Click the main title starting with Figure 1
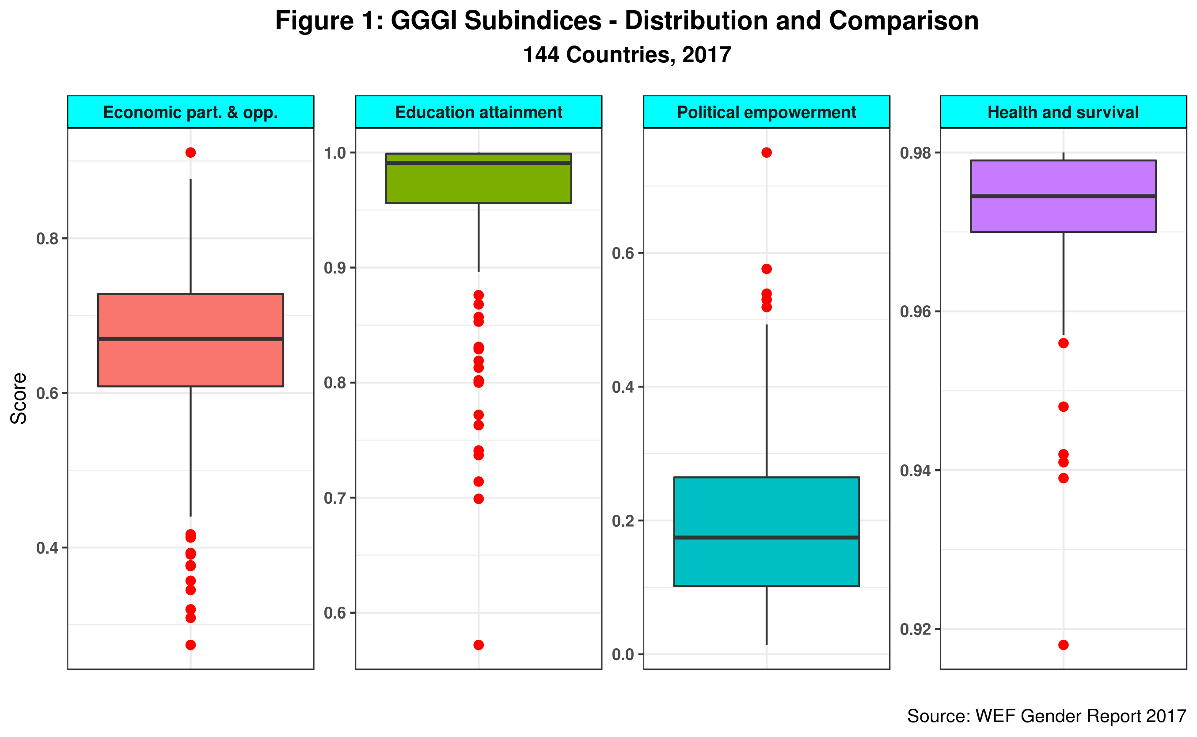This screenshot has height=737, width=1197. coord(627,21)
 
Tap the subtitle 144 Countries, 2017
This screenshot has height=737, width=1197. coord(627,55)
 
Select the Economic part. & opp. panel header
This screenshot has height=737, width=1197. coord(190,112)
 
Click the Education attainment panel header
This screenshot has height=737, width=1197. coord(479,112)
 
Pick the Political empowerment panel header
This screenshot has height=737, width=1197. coord(766,112)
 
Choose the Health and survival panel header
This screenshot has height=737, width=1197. coord(1063,112)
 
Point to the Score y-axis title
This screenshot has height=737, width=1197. coord(19,398)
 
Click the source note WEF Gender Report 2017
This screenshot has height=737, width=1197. coord(1046,715)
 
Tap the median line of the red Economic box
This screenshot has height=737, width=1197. coord(190,338)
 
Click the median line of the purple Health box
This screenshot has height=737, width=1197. coord(1063,196)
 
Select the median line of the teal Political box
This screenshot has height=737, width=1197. coord(766,537)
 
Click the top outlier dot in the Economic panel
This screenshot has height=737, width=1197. coord(190,152)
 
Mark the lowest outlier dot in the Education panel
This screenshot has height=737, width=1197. coord(479,645)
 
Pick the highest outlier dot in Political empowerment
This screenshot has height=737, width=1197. coord(766,152)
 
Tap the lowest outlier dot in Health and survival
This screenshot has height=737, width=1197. coord(1063,645)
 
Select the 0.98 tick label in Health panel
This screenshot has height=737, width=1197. coord(915,153)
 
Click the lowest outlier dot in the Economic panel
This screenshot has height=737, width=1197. coord(190,645)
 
